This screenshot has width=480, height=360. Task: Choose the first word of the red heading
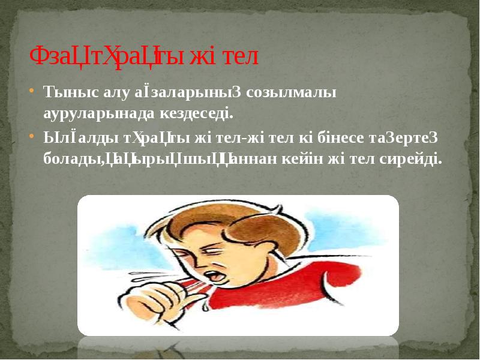click(x=114, y=57)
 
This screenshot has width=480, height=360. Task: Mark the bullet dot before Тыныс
click(x=32, y=92)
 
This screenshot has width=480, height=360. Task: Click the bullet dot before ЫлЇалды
click(x=32, y=137)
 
